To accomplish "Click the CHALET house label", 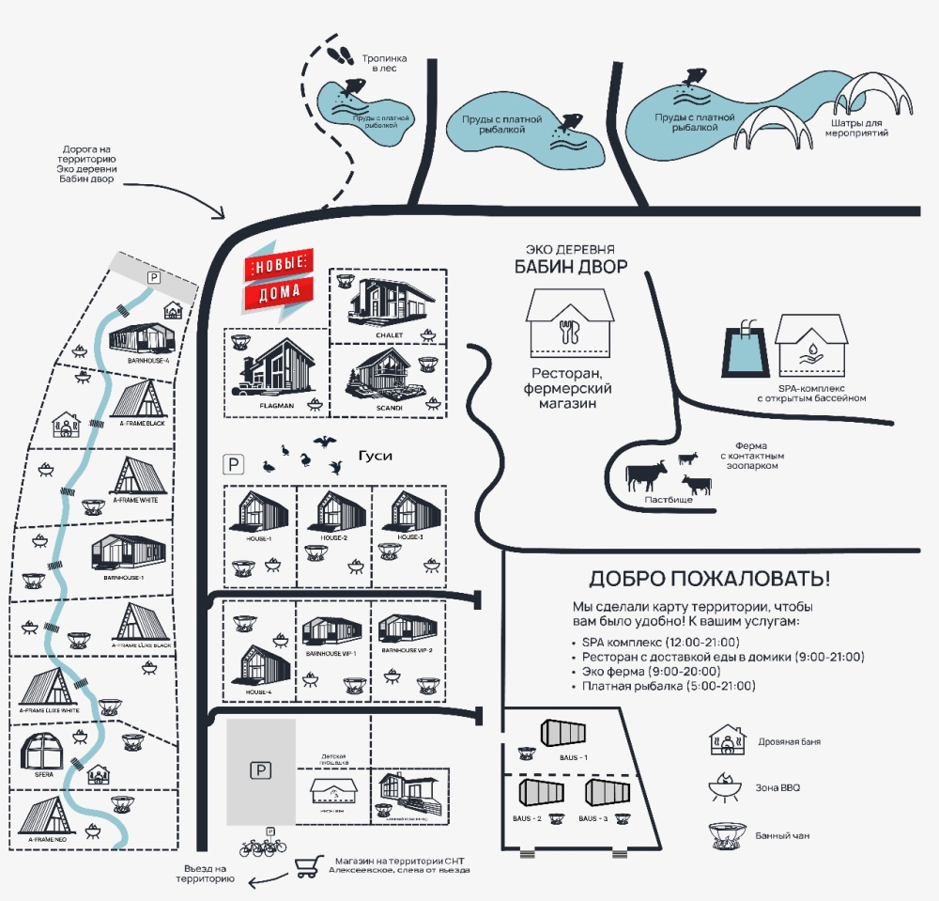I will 389,335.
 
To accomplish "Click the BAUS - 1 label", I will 574,757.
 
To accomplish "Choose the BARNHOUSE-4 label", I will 148,360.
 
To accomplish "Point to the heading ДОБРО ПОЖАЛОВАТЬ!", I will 709,577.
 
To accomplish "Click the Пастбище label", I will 669,501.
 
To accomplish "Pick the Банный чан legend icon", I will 727,833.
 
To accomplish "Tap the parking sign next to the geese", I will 231,463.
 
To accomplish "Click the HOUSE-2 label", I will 334,537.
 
